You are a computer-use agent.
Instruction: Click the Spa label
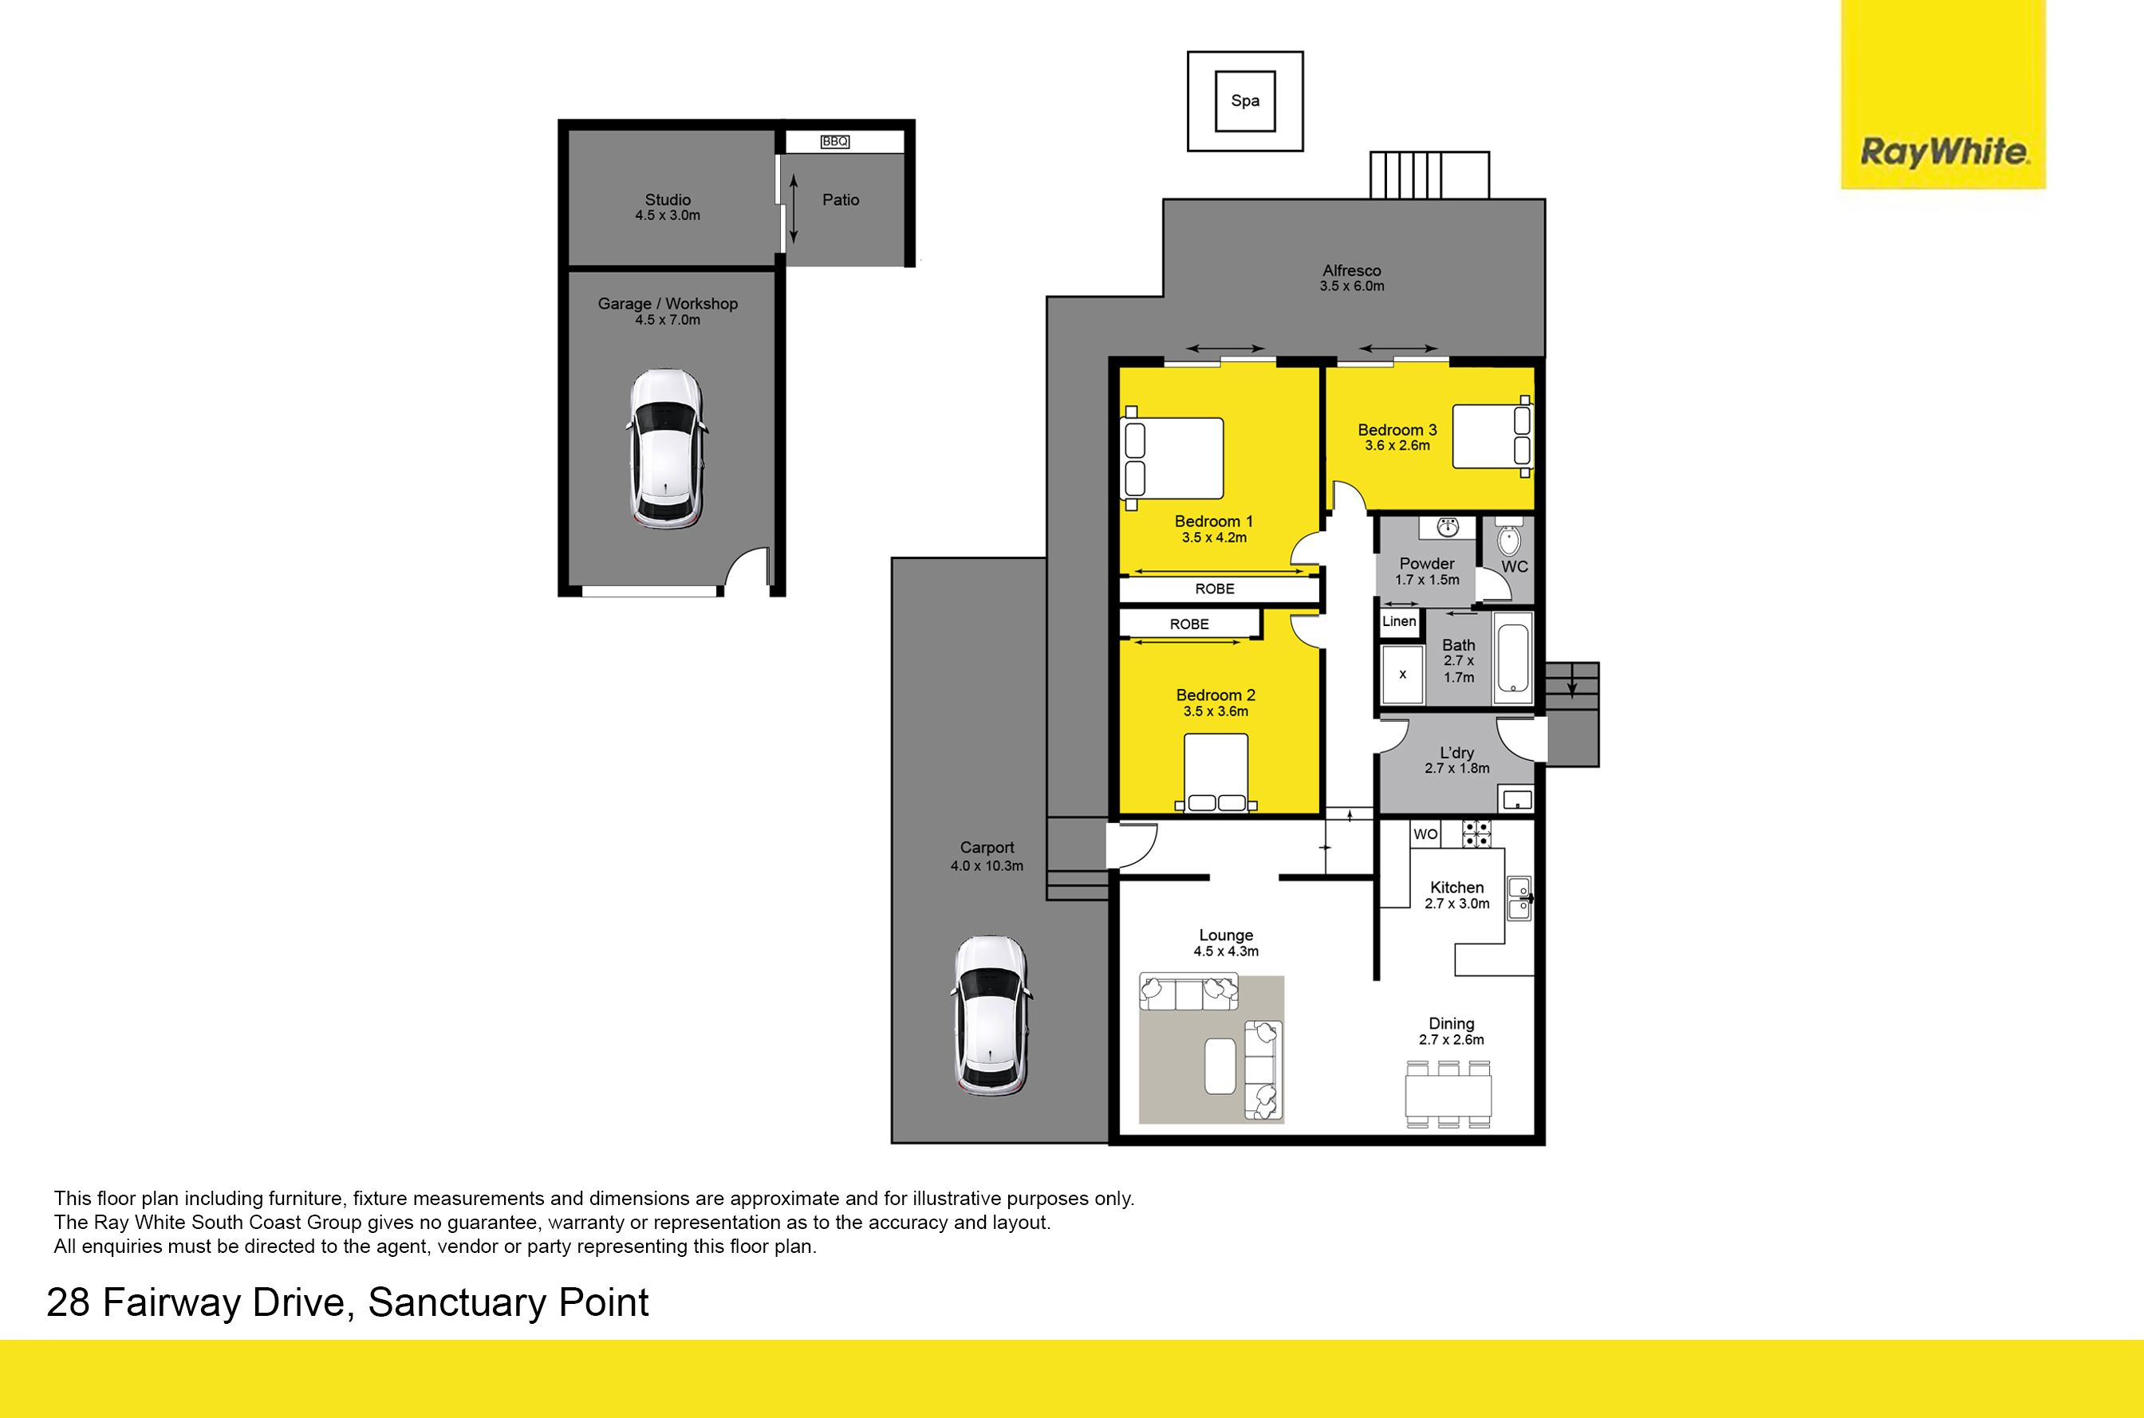[1244, 100]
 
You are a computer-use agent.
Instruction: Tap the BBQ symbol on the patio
[834, 141]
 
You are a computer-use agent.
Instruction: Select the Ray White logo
[1943, 94]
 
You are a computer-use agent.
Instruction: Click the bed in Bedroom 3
[1493, 436]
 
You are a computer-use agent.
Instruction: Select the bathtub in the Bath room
[1512, 657]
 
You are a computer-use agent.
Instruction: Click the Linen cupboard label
[1399, 621]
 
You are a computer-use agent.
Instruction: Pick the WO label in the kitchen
[1425, 833]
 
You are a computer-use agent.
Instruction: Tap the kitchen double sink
[1519, 898]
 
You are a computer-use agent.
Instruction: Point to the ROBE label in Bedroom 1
[1215, 589]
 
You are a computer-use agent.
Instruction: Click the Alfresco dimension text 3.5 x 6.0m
[1352, 286]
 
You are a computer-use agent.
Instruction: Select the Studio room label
[668, 200]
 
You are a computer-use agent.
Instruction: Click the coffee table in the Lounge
[1220, 1065]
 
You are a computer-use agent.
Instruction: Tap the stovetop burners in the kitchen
[1476, 833]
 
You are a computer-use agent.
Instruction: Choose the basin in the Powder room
[1448, 526]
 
